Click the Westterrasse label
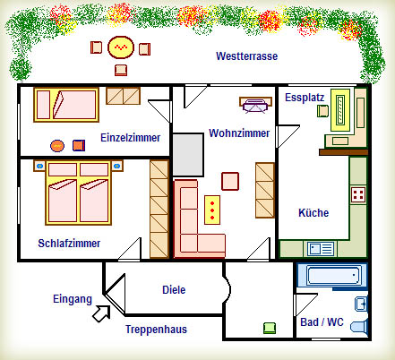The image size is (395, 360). tap(246, 56)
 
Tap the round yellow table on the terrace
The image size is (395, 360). tap(121, 47)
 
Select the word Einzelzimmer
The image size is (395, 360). tap(130, 138)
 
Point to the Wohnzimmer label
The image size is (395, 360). tap(239, 133)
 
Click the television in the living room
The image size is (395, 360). tap(255, 105)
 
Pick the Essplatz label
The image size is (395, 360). tap(305, 98)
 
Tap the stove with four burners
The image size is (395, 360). tap(358, 194)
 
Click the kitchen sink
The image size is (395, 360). tap(321, 249)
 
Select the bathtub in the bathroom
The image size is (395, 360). tap(332, 275)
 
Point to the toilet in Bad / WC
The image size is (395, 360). tap(359, 326)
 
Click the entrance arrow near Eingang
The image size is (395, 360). tap(101, 313)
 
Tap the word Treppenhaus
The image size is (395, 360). tap(156, 330)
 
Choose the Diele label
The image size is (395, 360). tap(174, 290)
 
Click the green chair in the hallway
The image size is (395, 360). tap(270, 328)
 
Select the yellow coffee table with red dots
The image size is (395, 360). tap(212, 210)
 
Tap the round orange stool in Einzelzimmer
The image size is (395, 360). tap(57, 146)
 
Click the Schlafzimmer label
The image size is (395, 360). tap(69, 244)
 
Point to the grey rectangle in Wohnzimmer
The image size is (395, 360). tap(188, 155)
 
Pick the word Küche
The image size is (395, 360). tap(313, 213)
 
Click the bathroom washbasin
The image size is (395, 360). tap(361, 304)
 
